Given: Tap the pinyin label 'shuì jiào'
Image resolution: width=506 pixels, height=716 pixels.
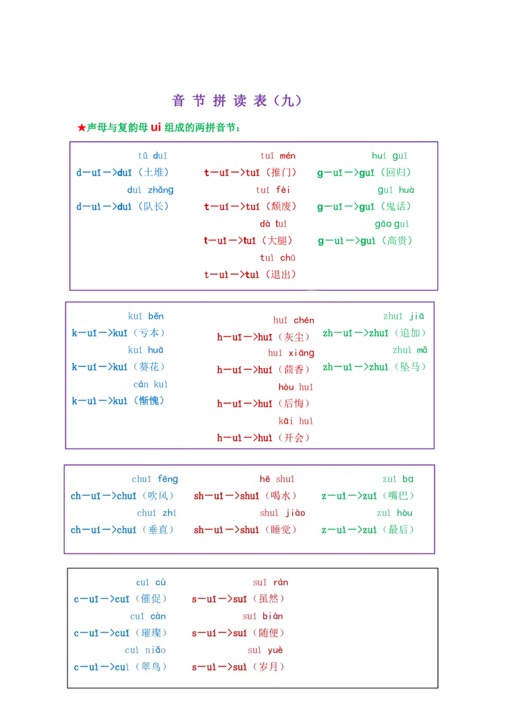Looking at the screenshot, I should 282,513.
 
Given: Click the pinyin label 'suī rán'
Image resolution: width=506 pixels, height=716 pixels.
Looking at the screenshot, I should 270,582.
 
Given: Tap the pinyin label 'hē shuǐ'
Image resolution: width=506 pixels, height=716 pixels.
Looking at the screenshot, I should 277,479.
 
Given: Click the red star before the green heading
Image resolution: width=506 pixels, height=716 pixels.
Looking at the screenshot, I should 80,127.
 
